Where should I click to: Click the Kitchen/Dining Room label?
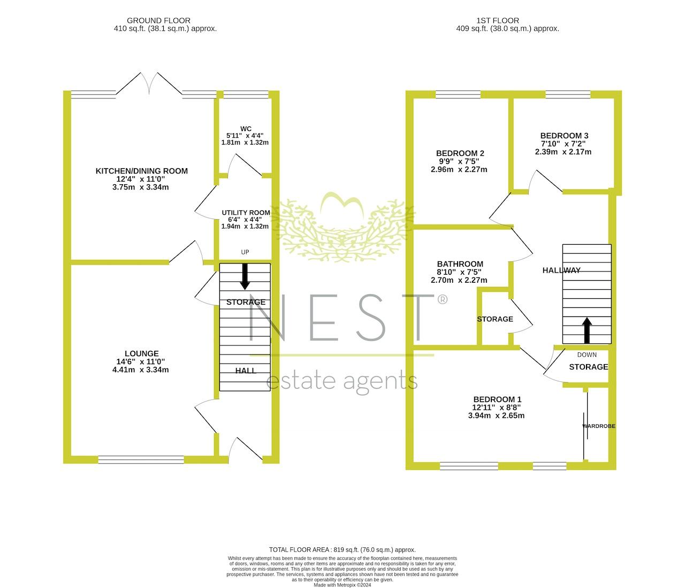tap(141, 171)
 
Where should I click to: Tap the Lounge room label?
tap(141, 353)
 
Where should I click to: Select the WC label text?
tap(246, 129)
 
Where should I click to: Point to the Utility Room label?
tap(246, 213)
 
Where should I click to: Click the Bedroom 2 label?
tap(460, 153)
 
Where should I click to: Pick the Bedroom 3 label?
tap(564, 135)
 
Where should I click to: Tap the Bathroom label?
tap(460, 264)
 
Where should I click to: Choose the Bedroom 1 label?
tap(497, 399)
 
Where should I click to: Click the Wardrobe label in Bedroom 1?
tap(599, 426)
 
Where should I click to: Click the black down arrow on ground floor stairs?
tap(245, 276)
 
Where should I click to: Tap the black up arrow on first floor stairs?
tap(587, 330)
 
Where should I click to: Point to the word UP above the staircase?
tap(245, 252)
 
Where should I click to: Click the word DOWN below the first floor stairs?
tap(587, 355)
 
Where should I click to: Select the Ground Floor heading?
tap(158, 20)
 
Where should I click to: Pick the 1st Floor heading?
tap(498, 20)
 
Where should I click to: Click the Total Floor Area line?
tap(342, 549)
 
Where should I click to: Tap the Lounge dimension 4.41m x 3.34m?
tap(141, 370)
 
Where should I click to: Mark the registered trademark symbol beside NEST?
tap(443, 299)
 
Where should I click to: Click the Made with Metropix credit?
tap(342, 585)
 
